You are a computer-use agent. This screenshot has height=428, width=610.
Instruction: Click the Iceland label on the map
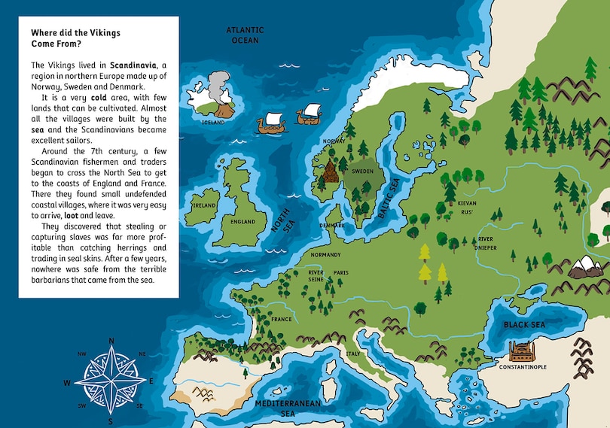coord(213,122)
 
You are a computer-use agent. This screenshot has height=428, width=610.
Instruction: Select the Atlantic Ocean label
coord(245,35)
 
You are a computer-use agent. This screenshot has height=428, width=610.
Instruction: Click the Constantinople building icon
coord(523,351)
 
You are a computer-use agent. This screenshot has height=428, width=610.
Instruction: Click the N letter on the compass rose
coord(111,341)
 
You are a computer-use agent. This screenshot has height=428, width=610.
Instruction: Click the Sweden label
coord(363,172)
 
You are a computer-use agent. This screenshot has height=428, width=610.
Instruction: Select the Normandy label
coord(326,254)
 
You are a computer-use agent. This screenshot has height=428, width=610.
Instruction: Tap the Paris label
coord(340,272)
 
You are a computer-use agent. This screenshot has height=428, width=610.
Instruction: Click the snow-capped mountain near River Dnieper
coord(584,266)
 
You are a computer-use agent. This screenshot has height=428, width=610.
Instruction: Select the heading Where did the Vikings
coord(75,33)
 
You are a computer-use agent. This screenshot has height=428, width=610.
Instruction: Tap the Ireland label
coord(204,205)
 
